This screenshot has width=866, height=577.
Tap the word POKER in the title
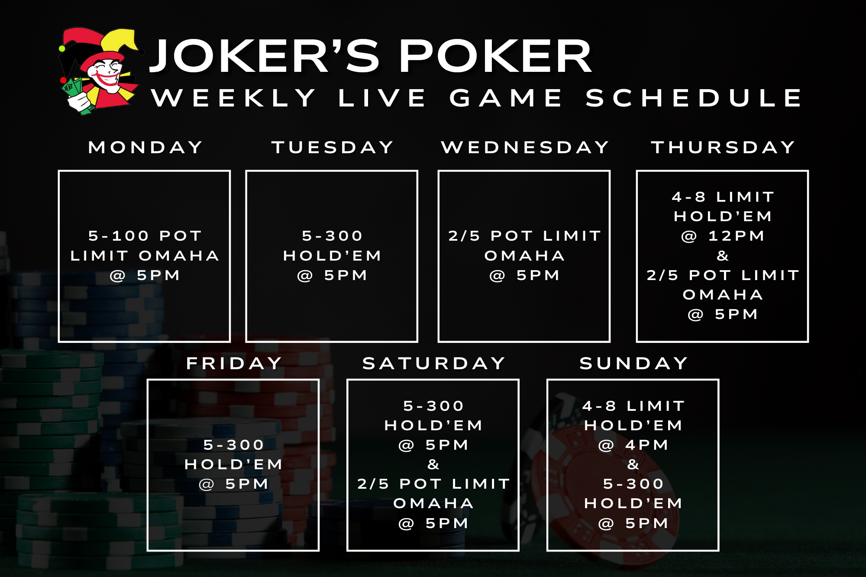(495, 56)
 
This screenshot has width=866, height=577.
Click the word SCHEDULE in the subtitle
(694, 97)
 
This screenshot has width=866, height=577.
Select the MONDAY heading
(145, 147)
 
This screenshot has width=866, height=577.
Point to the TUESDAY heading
(333, 147)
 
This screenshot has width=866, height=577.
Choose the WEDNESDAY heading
(525, 147)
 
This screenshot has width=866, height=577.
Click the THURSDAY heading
(723, 147)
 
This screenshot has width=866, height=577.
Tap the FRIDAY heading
(234, 363)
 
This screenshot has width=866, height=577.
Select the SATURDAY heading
(434, 363)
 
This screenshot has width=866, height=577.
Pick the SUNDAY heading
(634, 363)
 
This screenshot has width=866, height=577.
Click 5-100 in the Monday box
(119, 236)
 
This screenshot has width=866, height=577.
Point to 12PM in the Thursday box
(736, 236)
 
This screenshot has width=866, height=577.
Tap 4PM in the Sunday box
(647, 445)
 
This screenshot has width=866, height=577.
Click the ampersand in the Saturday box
(433, 464)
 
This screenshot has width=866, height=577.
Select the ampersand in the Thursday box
(723, 255)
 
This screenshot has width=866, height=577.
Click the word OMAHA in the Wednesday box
(525, 255)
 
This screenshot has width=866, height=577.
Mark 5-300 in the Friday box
(234, 445)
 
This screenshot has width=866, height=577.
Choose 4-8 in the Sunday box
(599, 406)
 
